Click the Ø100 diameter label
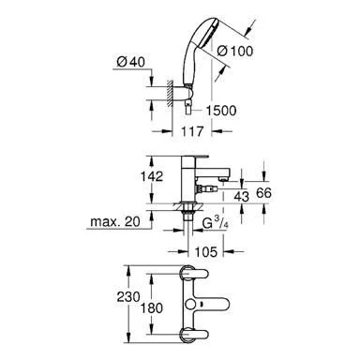click(x=235, y=51)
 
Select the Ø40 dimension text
click(x=130, y=62)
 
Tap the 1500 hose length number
click(x=221, y=111)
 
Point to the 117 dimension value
click(x=192, y=131)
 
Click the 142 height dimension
click(x=152, y=176)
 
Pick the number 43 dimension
click(x=242, y=197)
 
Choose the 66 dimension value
click(x=263, y=193)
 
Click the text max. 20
click(x=115, y=221)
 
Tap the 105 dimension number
click(x=206, y=251)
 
